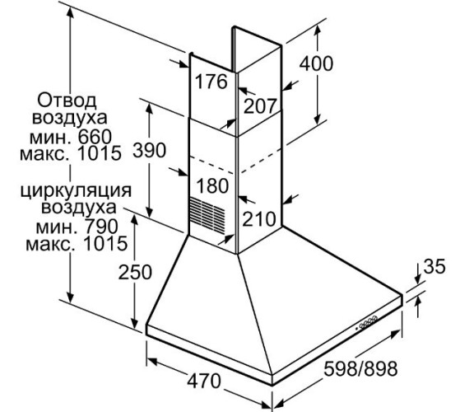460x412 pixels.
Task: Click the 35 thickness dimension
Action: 436,266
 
